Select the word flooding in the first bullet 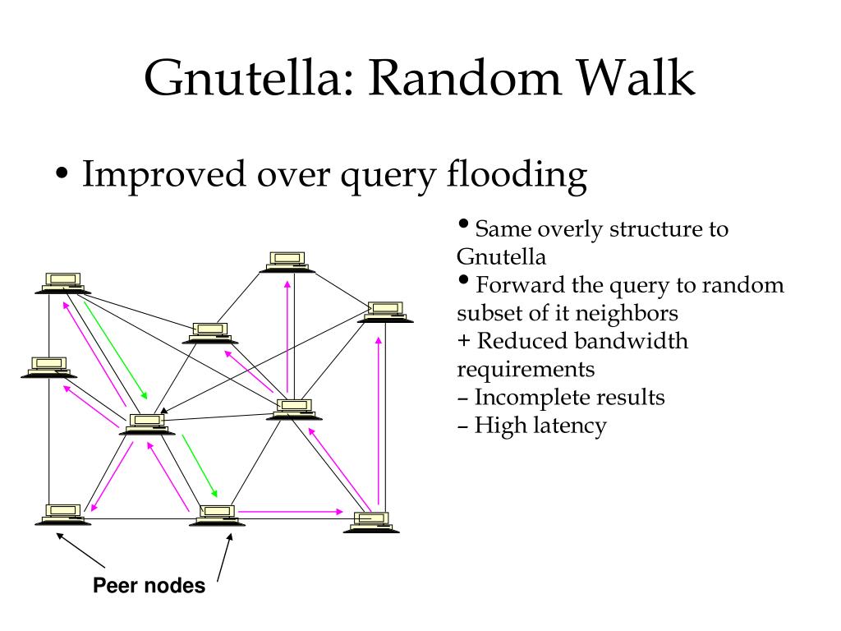517,176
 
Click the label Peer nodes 149,585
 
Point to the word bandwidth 637,341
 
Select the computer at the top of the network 288,262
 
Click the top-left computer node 62,283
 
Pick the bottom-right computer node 371,523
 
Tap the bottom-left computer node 63,514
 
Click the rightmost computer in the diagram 386,312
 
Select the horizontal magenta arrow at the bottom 291,512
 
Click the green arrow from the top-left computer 115,350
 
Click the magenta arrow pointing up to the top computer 287,336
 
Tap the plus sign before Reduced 464,341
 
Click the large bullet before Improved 62,174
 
